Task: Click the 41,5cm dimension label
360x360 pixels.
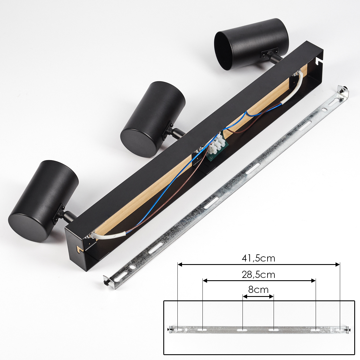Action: coord(258,258)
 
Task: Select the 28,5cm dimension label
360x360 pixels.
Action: coord(258,275)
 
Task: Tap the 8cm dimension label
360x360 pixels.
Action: coord(258,290)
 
